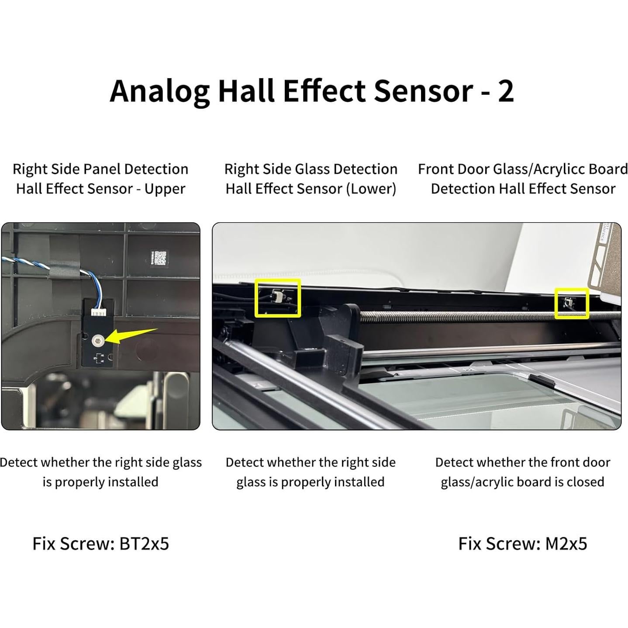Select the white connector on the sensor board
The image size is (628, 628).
click(x=98, y=312)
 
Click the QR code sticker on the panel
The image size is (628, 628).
click(x=160, y=259)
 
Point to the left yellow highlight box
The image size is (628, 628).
click(x=278, y=298)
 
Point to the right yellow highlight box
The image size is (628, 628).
click(x=571, y=303)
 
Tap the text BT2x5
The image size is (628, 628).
click(x=144, y=544)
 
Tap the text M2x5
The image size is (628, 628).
click(x=566, y=544)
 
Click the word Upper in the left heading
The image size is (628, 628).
click(x=165, y=189)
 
